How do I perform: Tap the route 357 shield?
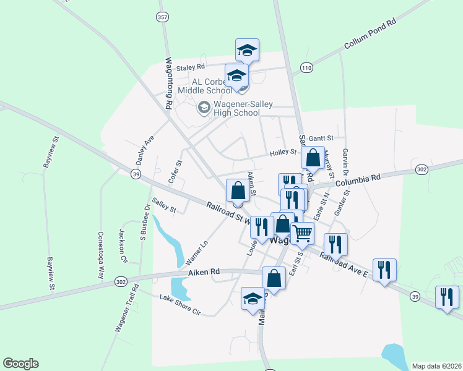coord(163,17)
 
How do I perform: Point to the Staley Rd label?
coord(191,67)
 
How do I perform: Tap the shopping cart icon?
coord(302,233)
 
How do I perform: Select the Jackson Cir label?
coord(123,245)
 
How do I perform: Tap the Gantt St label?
coord(321,137)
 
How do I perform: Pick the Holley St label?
coord(283,152)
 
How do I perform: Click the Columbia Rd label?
coord(358,179)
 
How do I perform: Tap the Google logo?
coord(20,364)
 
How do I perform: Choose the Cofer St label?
coord(175,171)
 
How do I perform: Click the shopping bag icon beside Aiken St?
coord(238,190)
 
